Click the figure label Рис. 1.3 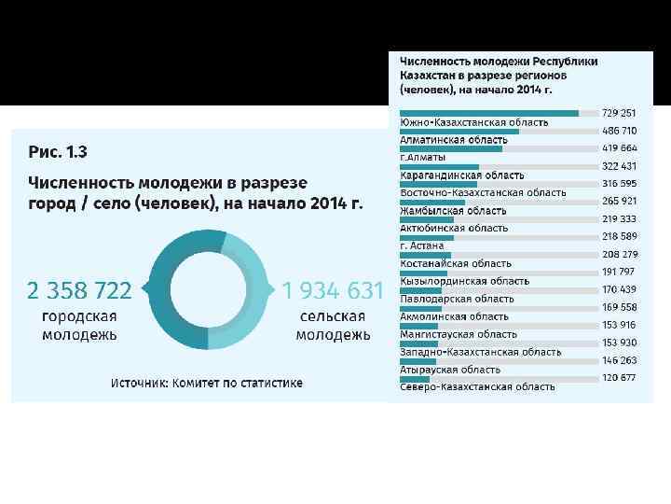(58, 151)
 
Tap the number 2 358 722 (79, 290)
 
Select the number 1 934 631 (333, 290)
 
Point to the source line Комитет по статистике (207, 384)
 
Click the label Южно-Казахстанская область (473, 122)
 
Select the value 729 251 (619, 113)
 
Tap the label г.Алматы (422, 158)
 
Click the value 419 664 (619, 148)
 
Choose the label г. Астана (425, 245)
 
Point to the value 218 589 (619, 236)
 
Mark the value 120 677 (619, 377)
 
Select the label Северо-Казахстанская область (477, 386)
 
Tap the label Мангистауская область (458, 333)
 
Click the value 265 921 (619, 201)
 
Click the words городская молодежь (79, 326)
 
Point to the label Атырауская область (450, 369)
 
